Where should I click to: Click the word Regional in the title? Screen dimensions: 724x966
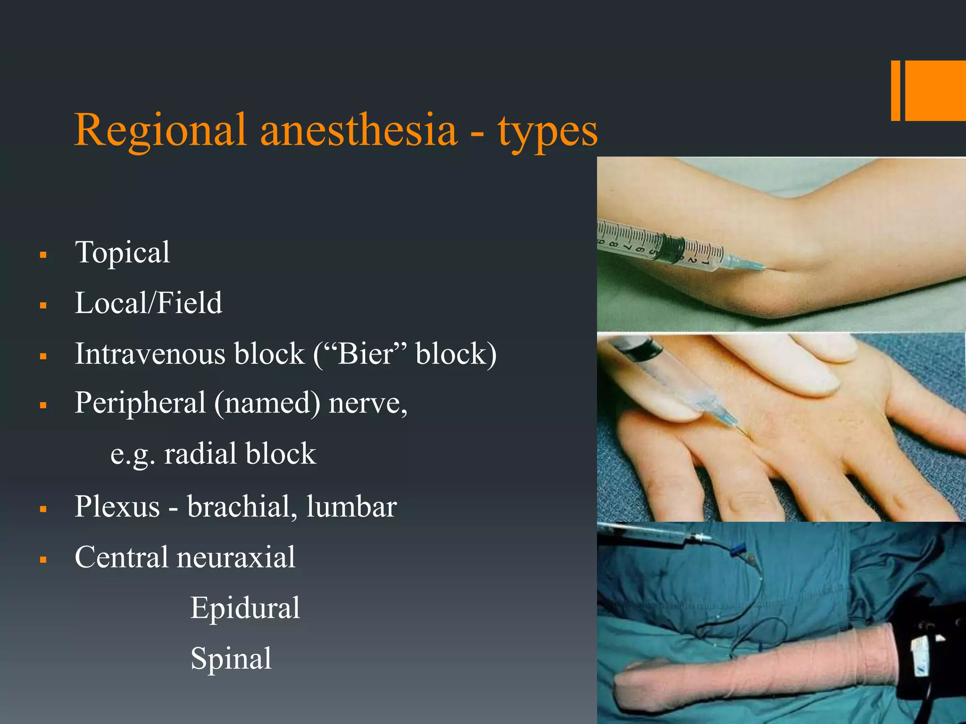click(x=160, y=130)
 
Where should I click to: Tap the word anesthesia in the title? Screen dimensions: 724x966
click(x=358, y=130)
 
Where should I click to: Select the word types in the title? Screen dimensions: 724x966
click(x=547, y=132)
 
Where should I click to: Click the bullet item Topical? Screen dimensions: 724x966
click(x=122, y=253)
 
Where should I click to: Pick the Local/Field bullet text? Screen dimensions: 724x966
click(x=148, y=303)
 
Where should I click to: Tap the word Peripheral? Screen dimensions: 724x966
click(x=140, y=403)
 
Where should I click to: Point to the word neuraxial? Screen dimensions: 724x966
click(x=236, y=557)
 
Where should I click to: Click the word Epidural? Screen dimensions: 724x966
click(x=245, y=608)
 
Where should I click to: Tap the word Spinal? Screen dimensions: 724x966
click(x=231, y=658)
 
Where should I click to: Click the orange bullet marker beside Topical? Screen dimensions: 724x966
click(x=43, y=255)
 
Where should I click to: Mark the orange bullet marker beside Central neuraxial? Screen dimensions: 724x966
click(x=43, y=560)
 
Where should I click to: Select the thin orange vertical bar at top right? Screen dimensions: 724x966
click(x=895, y=90)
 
